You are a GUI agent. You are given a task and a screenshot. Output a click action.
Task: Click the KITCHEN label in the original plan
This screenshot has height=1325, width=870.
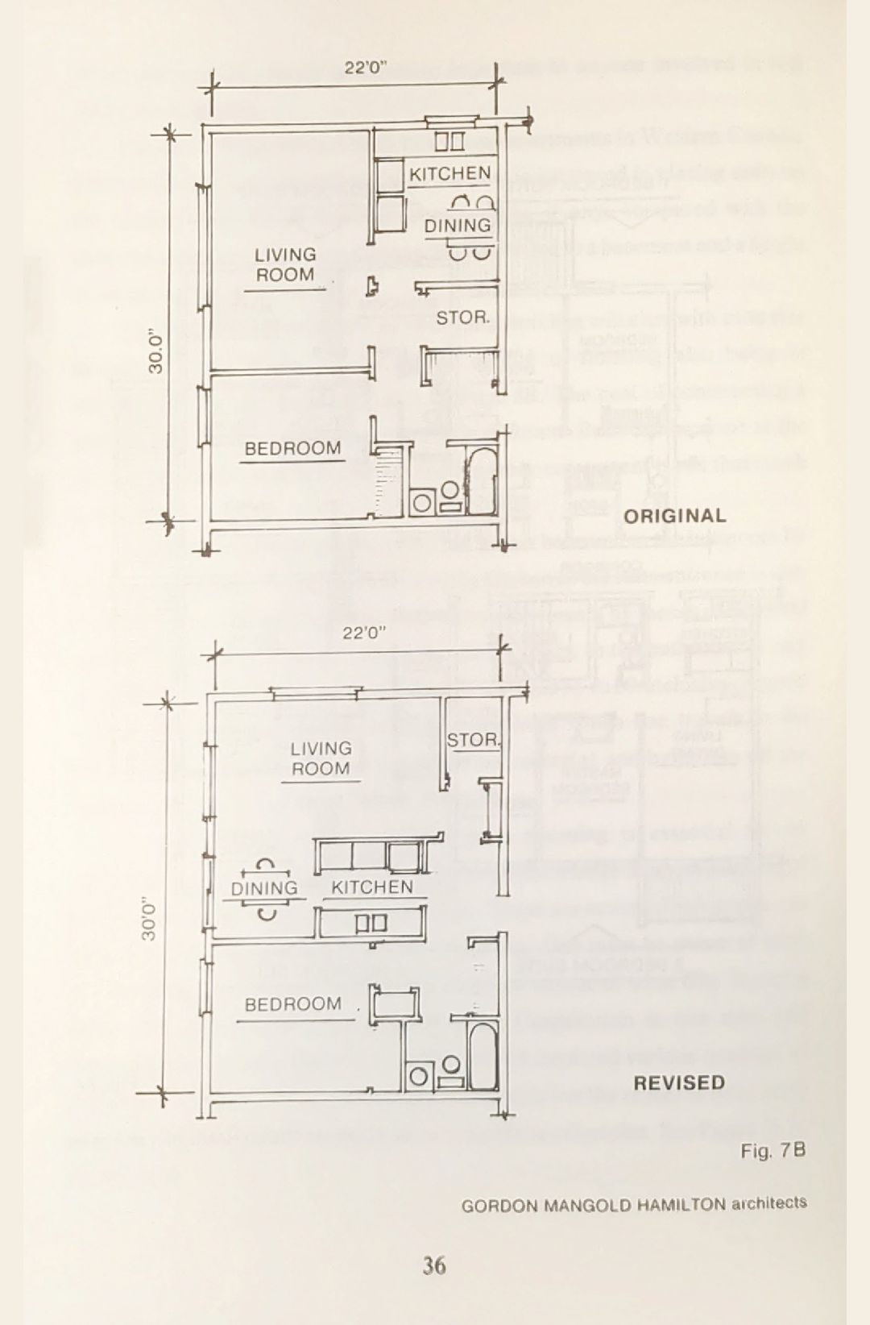coord(449,173)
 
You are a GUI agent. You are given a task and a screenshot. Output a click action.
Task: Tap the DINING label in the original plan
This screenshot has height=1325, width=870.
coord(458,226)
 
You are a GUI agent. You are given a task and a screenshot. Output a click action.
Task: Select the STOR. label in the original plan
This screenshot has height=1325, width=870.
coord(462,318)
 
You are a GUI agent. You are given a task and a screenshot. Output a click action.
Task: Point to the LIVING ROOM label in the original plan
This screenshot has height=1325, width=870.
coord(285,265)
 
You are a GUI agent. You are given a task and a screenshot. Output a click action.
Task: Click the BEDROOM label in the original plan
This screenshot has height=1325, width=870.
coord(293,448)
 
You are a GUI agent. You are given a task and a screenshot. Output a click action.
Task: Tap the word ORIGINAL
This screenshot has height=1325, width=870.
coord(675,516)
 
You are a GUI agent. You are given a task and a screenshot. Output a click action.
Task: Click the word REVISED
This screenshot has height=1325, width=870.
coord(679,1082)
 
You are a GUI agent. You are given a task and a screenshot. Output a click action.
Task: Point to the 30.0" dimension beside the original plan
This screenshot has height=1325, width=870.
coord(156,351)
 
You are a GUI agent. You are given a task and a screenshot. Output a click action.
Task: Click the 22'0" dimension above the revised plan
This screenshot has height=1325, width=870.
coord(365,633)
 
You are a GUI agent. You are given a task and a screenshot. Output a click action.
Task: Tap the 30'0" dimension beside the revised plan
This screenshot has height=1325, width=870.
coord(150,919)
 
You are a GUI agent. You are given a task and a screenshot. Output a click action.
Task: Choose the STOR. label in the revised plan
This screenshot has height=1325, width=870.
coord(474,740)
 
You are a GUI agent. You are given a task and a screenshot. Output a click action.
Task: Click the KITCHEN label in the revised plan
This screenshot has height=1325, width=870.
coord(372,887)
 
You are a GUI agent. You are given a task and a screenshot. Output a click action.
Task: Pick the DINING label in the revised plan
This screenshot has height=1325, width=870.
coord(264,888)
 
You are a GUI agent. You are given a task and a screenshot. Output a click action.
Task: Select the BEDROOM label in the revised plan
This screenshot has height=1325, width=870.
coord(293,1004)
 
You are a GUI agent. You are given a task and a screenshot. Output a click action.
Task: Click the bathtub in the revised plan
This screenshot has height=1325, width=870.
coord(482,1056)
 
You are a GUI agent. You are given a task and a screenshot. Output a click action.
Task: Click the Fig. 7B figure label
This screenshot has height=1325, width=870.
coord(773,1151)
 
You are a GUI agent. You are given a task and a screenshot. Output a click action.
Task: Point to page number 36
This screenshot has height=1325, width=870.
coord(434,1265)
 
